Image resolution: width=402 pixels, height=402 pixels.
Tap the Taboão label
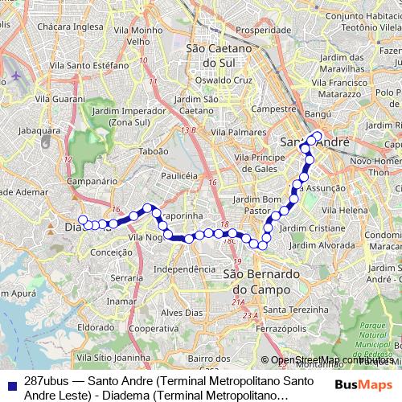pyautogui.click(x=154, y=150)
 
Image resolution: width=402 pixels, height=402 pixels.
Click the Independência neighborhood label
pyautogui.click(x=184, y=269)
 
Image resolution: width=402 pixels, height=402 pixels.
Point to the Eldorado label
pyautogui.click(x=96, y=328)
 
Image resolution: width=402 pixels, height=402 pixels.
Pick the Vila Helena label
pyautogui.click(x=346, y=210)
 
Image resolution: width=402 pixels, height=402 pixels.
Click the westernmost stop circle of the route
pyautogui.click(x=83, y=219)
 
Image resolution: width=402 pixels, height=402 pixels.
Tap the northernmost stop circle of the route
pyautogui.click(x=317, y=135)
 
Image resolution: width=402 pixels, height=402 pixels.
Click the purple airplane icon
pyautogui.click(x=16, y=76)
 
